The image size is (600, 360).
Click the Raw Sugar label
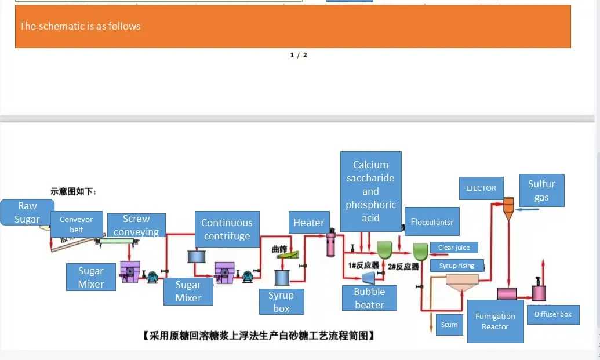pos(27,212)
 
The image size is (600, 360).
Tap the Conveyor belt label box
pos(76,224)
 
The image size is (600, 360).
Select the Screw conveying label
pos(136,225)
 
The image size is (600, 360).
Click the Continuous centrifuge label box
pos(227,229)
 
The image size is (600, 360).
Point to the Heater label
pos(308,223)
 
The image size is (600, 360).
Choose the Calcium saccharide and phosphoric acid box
pos(371,191)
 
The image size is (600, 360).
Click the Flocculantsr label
pos(432,221)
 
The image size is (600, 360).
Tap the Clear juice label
pos(454,248)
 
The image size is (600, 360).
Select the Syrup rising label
pos(457,266)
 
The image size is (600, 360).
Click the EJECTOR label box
pos(481,188)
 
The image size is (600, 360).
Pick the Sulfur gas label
pos(541,191)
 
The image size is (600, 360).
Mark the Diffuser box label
pos(553,314)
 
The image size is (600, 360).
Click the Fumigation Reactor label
pos(495,321)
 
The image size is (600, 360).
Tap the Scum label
pos(449,325)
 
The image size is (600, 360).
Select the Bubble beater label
pos(369,298)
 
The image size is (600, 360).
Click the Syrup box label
pos(281,301)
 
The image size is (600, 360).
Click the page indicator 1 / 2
pos(299,55)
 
